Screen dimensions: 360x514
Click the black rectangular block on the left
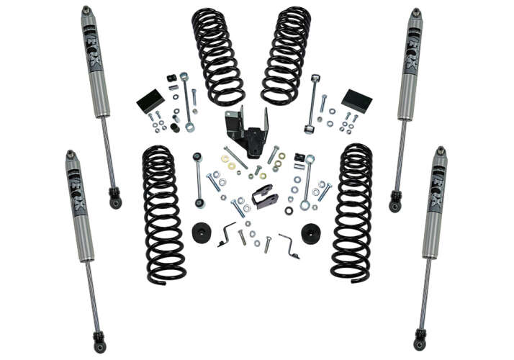150,101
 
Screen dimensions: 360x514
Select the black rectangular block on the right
356,100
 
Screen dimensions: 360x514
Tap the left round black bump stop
202,233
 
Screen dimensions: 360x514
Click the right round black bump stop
312,234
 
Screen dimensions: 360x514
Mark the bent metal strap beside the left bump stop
227,234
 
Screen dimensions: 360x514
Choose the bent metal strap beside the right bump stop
289,245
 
